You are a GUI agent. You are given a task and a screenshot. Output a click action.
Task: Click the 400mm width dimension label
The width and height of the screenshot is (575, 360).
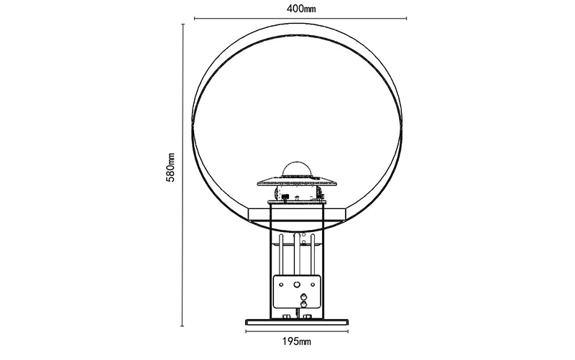(x=300, y=9)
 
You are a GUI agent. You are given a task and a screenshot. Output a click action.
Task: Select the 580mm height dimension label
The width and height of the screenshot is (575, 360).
(x=170, y=167)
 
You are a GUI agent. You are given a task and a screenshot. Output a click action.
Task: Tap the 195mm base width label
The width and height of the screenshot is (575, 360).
(x=297, y=341)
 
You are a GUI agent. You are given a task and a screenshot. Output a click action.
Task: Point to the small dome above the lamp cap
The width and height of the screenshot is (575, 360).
(x=296, y=168)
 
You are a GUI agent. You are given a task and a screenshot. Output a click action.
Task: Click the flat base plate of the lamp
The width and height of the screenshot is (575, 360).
(x=297, y=322)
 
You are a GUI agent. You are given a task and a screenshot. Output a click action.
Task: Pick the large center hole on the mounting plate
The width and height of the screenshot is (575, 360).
(x=297, y=284)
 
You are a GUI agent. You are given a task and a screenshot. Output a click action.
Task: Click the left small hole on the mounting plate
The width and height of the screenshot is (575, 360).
(x=281, y=285)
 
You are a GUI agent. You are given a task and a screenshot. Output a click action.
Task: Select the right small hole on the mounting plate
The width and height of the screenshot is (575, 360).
(x=313, y=285)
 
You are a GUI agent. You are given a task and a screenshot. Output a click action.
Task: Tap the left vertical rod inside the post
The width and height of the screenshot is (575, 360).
(x=281, y=255)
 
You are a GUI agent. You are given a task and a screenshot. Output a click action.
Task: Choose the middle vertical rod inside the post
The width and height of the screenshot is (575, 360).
(x=297, y=254)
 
